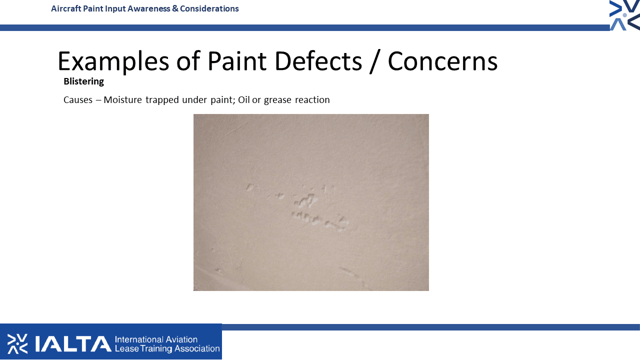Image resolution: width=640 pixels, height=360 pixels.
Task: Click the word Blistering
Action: point(83,81)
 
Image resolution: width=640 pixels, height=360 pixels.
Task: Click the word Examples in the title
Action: point(113,61)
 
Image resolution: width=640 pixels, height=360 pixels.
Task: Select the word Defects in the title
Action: point(318,61)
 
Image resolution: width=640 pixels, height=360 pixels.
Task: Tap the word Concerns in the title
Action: point(442,61)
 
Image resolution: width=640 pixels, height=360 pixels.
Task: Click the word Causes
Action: point(78,100)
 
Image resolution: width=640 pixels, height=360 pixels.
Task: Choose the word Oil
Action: point(243,100)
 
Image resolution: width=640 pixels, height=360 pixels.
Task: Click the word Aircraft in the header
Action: point(66,8)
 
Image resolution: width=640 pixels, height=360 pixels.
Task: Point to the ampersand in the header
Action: point(175,8)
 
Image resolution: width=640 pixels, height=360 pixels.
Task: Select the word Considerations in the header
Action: point(209,8)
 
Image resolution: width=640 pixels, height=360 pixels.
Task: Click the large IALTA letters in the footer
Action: point(73,343)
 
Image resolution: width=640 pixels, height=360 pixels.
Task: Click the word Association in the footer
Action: point(197,348)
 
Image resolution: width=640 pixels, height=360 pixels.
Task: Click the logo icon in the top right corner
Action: point(624,15)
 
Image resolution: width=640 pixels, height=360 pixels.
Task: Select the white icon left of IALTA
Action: point(17,343)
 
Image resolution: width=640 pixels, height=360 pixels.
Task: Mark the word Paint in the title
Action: point(237,61)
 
